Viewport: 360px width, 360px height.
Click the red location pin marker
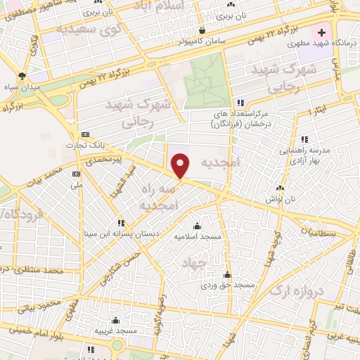181,165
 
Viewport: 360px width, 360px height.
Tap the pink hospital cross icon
322,32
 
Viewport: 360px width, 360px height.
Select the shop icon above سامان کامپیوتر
202,30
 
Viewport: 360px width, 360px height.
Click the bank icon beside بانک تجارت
85,134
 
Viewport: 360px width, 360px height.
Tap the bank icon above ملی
76,173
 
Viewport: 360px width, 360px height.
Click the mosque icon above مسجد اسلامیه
196,226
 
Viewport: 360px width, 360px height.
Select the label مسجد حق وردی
226,285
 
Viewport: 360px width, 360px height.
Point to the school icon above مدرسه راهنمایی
304,139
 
